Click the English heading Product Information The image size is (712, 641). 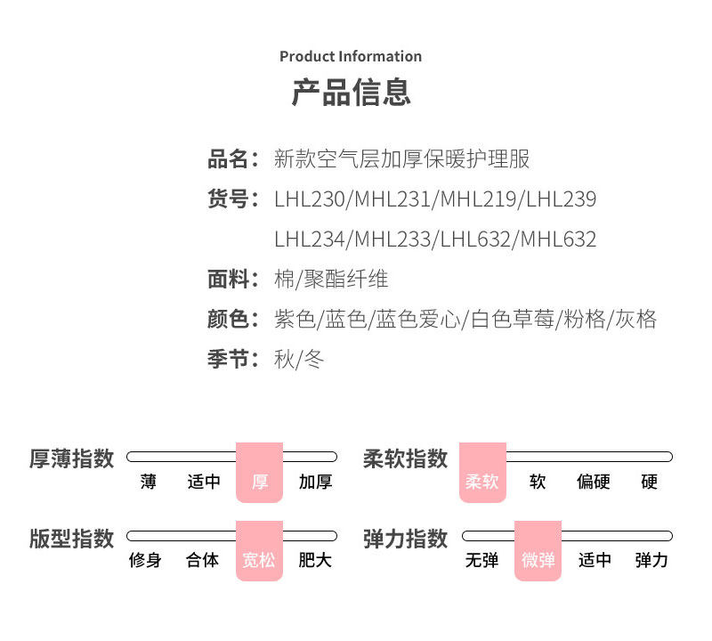pos(351,56)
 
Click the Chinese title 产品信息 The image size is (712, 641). pos(351,92)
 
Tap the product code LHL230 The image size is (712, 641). pos(310,199)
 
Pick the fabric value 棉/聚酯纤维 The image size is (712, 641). pos(331,280)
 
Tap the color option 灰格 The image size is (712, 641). pos(636,320)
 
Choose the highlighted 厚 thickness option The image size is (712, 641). pos(259,482)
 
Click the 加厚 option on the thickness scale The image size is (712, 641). pos(315,482)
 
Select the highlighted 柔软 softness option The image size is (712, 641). pos(481,482)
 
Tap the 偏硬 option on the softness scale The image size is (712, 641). pos(594,482)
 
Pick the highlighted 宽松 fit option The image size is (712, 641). pos(259,561)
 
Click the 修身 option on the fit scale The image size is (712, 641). pos(145,561)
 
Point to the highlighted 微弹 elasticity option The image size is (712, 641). pos(538,561)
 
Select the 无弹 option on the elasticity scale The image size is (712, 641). pos(481,561)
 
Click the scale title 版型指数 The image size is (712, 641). pos(72,539)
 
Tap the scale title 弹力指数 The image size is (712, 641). pos(405,539)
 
